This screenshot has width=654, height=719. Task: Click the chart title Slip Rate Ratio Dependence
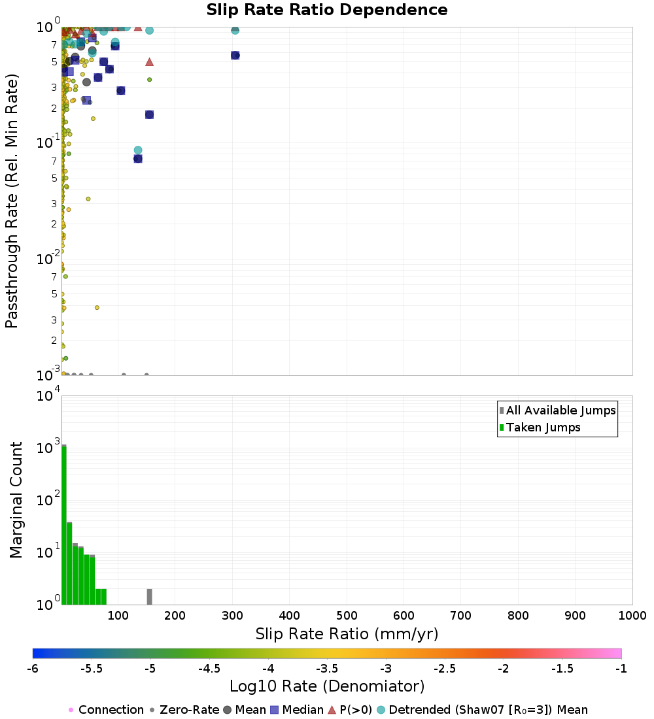tap(327, 10)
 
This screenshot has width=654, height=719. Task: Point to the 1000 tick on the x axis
tap(632, 616)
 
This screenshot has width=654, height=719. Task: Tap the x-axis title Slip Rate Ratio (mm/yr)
tap(347, 634)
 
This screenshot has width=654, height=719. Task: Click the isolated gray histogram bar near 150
tap(149, 597)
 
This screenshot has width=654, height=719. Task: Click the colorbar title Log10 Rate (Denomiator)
tap(327, 686)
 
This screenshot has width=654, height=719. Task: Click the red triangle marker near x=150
tap(149, 61)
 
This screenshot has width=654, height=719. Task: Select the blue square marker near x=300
tap(235, 56)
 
